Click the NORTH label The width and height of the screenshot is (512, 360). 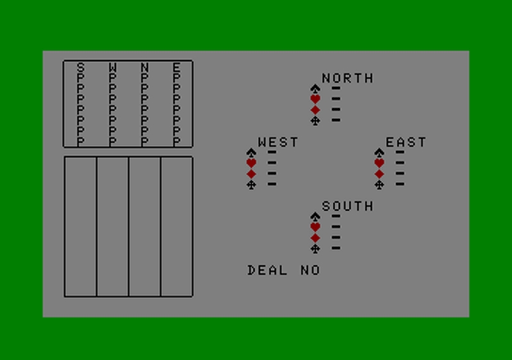347,78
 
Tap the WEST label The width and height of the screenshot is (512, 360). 278,142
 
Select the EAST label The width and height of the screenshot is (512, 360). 406,142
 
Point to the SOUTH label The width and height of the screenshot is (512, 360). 347,206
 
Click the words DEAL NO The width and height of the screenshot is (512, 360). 284,270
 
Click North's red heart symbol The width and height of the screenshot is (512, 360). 315,99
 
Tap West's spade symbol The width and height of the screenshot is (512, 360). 251,152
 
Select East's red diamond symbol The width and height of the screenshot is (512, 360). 379,174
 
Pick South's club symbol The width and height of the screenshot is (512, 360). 315,249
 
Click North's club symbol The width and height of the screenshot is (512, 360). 315,120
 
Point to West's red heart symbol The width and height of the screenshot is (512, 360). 251,163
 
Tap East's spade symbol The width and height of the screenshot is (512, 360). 379,152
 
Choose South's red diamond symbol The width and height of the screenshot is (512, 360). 315,238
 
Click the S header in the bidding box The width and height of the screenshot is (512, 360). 80,67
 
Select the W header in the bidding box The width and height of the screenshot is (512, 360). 113,67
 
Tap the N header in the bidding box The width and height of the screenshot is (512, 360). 145,67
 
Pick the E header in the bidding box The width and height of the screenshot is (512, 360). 177,67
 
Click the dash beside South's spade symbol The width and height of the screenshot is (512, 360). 336,217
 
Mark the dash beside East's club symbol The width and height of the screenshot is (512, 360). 400,184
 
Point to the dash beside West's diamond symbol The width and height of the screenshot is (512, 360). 272,174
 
